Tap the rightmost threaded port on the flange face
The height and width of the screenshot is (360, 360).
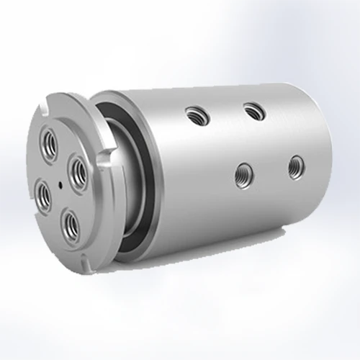pos(77,170)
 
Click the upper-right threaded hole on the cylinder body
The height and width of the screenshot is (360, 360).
pos(251,109)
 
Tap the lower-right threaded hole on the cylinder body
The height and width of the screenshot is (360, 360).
pos(294,166)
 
